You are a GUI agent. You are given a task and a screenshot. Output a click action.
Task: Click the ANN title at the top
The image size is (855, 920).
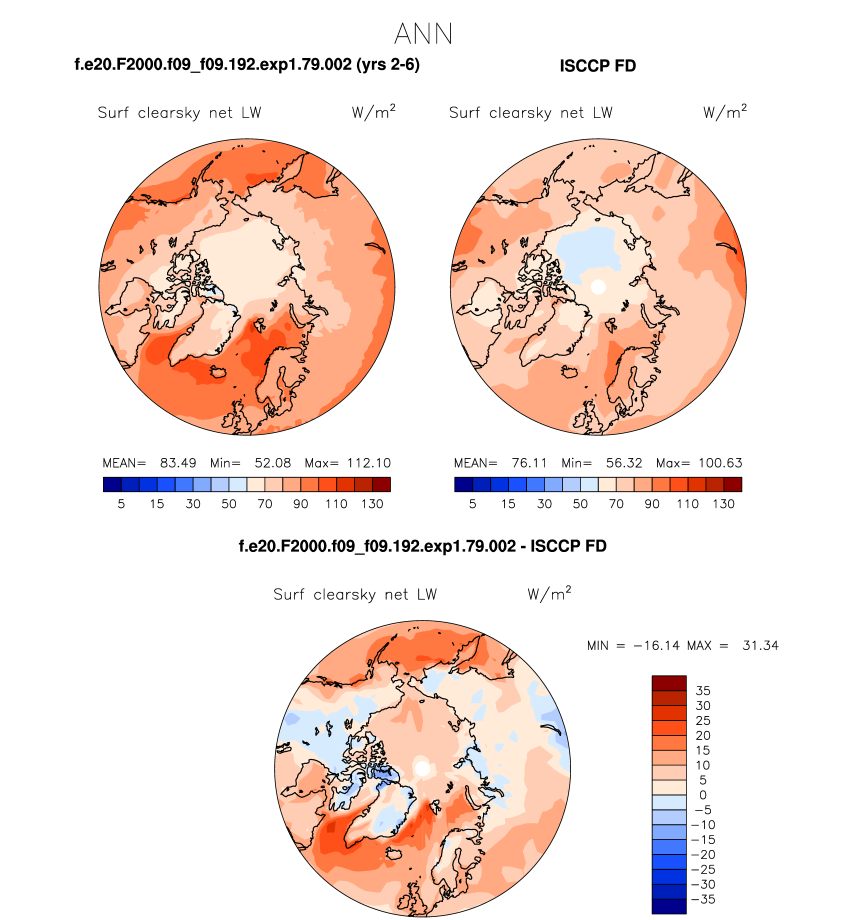(x=423, y=34)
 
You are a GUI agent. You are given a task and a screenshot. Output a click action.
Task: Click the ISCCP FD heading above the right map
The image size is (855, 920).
(x=597, y=66)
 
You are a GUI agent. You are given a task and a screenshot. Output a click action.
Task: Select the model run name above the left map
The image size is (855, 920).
(x=247, y=64)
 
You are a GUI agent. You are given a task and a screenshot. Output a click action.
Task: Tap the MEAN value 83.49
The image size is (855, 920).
(x=178, y=463)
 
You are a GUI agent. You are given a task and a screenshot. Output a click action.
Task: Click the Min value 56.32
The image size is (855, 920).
(x=624, y=463)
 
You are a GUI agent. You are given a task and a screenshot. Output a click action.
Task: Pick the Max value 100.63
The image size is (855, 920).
(x=720, y=463)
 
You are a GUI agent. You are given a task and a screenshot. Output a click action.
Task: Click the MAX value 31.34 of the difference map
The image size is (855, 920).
(x=760, y=645)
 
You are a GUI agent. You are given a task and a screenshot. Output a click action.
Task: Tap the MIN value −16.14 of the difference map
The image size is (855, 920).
(x=656, y=645)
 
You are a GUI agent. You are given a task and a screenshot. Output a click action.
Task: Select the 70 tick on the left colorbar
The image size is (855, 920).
(x=265, y=504)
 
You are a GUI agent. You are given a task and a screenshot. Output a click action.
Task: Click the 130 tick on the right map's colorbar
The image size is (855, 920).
(x=723, y=504)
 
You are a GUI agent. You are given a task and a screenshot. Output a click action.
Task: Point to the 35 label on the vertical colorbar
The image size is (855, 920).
(x=703, y=690)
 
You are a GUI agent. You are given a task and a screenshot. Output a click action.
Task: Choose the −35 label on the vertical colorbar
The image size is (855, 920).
(x=703, y=899)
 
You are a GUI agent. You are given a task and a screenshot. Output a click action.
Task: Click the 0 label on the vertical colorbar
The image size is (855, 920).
(x=703, y=795)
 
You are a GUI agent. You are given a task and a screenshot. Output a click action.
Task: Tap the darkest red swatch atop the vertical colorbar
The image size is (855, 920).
(x=669, y=683)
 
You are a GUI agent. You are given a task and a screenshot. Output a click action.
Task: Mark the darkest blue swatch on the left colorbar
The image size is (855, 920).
(x=112, y=484)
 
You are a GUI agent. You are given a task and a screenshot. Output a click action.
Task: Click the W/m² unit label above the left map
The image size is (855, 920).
(x=373, y=112)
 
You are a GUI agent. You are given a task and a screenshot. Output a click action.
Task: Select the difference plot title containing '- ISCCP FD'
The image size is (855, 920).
(x=422, y=546)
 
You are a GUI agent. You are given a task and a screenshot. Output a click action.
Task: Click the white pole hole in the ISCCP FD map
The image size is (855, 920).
(x=598, y=286)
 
